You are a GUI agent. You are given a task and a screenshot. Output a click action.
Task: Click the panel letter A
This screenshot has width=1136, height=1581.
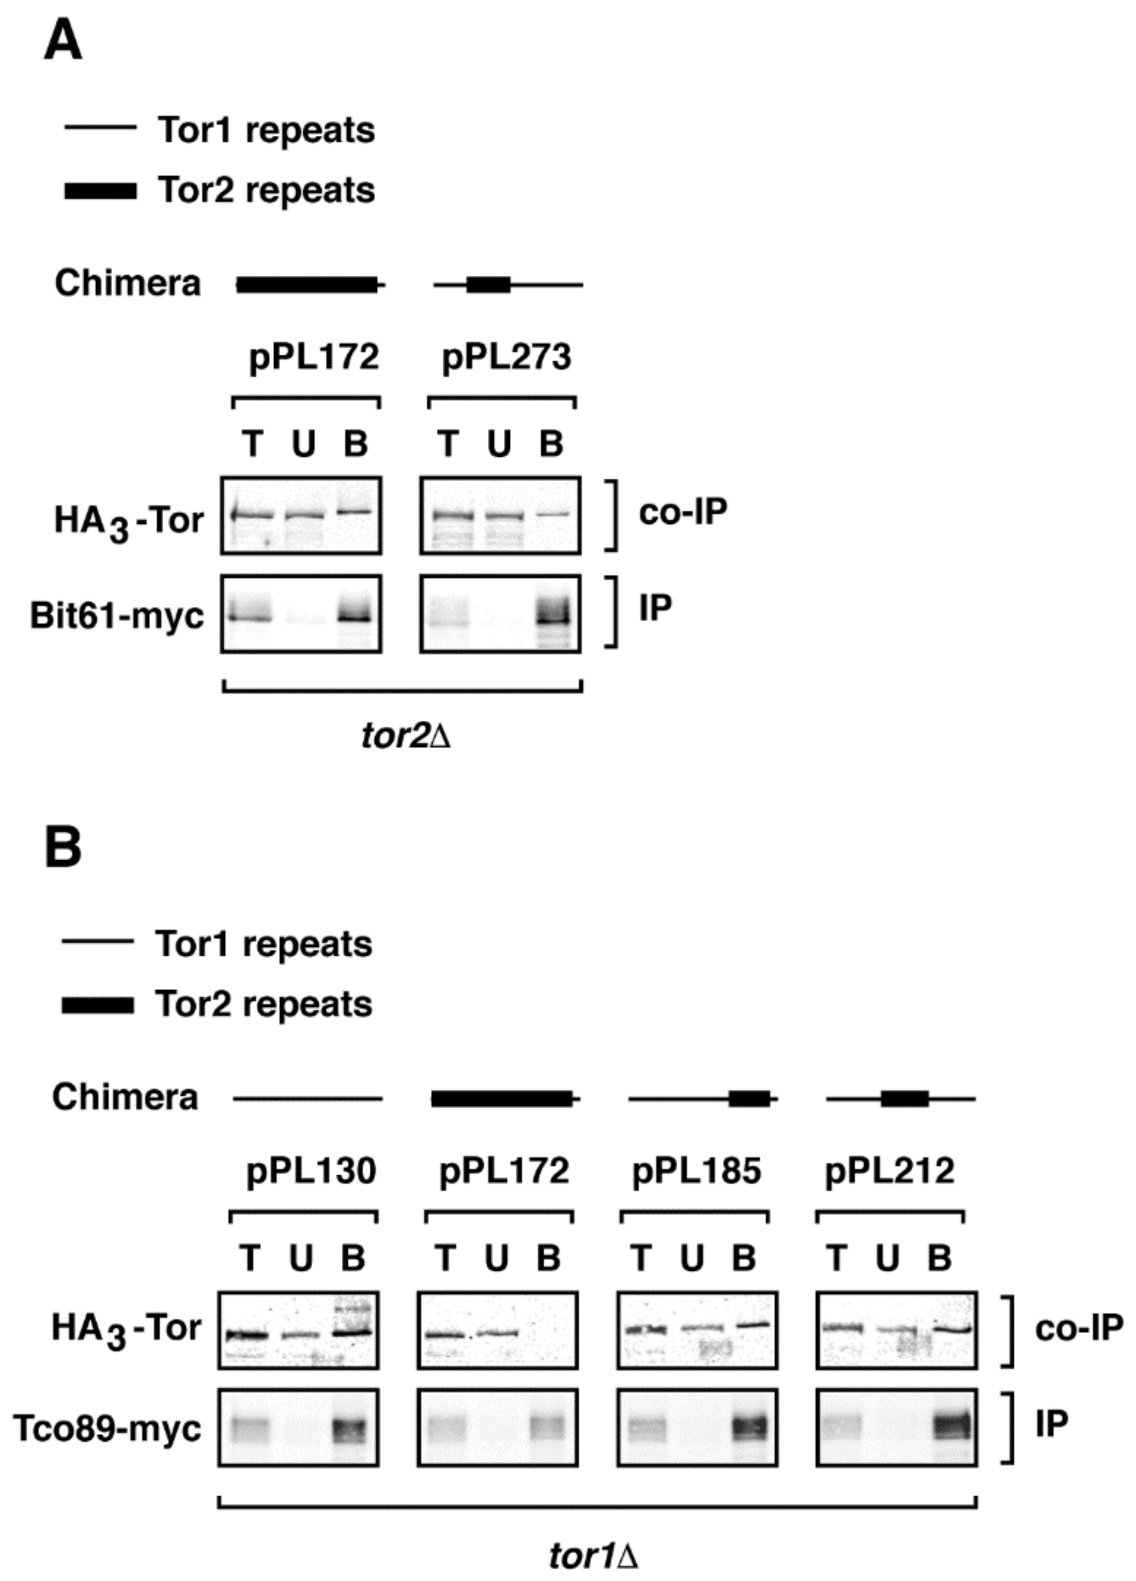pos(63,40)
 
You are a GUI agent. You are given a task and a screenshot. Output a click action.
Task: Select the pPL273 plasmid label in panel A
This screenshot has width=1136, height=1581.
pos(507,357)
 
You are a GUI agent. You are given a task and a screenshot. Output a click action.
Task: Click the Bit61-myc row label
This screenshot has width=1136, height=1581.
pos(116,616)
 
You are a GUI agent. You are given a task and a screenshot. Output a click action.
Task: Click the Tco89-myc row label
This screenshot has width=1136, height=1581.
pos(107,1429)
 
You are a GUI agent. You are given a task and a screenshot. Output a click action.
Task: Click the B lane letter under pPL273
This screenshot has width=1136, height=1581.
pos(551,443)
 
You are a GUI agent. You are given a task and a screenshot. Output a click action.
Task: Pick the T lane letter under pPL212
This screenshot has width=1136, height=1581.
pos(837,1257)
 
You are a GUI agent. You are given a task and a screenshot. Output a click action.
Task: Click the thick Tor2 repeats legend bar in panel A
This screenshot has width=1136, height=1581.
pos(100,191)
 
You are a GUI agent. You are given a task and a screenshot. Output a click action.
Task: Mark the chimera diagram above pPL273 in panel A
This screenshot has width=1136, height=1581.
pos(508,284)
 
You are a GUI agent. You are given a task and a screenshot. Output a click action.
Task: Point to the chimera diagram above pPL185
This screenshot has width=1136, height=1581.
pos(702,1099)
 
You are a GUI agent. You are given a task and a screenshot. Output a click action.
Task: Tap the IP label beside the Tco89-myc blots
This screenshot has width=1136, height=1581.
pos(1052,1424)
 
